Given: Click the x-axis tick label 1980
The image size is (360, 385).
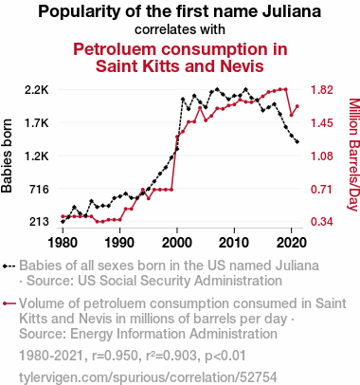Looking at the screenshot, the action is coord(63,243).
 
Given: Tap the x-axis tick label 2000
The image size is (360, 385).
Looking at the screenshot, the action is coord(177,243).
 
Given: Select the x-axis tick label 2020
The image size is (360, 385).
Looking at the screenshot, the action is coord(291,243).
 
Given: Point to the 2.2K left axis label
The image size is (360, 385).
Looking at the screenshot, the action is coord(37,90).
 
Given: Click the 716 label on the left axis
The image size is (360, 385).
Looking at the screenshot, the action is coord(39,189).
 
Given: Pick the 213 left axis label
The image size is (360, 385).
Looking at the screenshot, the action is coord(39,222).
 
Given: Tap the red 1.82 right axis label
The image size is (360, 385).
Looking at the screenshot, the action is coord(322,90).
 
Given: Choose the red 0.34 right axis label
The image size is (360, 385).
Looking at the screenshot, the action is coord(322,222).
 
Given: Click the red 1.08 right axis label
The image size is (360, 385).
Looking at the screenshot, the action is coord(322,156).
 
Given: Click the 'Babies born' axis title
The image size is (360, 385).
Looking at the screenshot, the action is coord(7,156).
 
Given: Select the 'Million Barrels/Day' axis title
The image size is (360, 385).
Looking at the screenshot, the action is coord(354,155).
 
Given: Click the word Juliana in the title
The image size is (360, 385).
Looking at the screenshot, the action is coord(292,11).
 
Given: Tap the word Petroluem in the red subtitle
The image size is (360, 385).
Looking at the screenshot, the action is coord(117,49).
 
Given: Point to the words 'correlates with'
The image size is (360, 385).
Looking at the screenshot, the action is coord(180,29).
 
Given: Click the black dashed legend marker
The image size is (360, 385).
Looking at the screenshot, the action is coord(9,266).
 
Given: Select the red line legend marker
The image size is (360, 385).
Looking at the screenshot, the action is coord(9,303).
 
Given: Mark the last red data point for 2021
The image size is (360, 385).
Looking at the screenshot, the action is coord(297,106).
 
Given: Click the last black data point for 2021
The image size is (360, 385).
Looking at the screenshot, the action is coord(297,142).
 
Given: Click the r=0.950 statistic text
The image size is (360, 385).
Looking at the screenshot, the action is coord(116,356).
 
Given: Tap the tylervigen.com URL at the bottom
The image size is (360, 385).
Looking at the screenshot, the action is coord(148,377).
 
